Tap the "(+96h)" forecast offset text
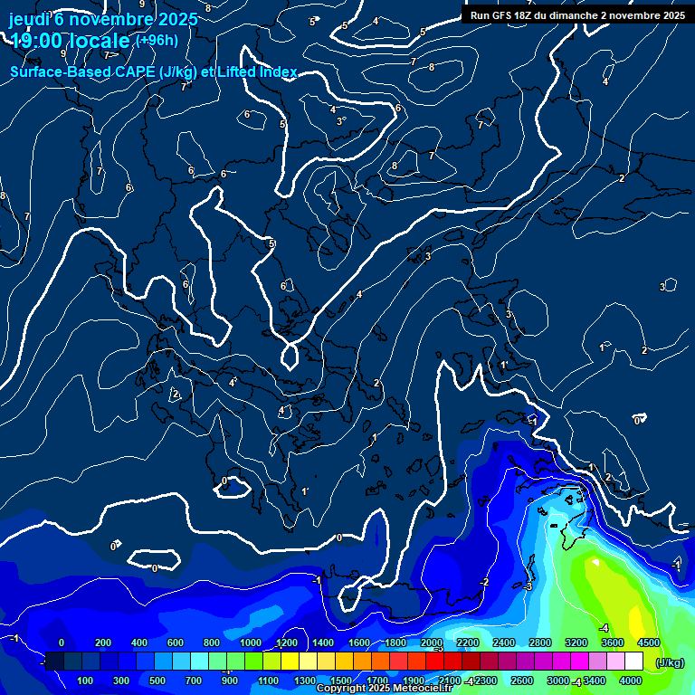[157, 40]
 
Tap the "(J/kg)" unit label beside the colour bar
[670, 662]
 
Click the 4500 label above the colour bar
[649, 643]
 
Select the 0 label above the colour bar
[62, 643]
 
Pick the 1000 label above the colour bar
[251, 643]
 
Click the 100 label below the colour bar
[86, 681]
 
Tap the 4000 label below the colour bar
[631, 681]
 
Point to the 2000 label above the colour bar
[432, 643]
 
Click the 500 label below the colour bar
[158, 681]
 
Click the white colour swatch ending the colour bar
[634, 662]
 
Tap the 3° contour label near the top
[340, 121]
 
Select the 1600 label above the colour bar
[359, 643]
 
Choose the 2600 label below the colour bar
[522, 681]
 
